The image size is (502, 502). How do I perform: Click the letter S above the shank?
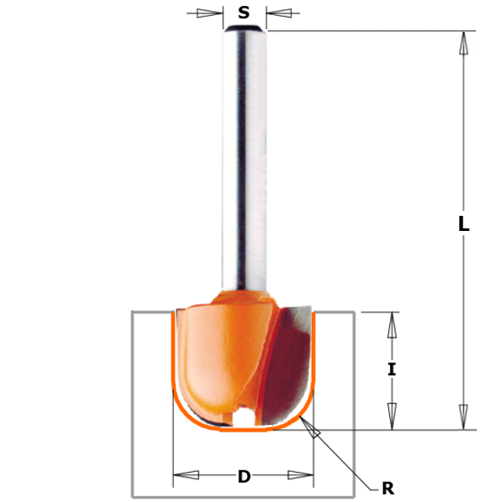click(243, 13)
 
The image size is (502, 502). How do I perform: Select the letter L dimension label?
click(464, 224)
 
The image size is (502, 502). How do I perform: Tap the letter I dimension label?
click(391, 368)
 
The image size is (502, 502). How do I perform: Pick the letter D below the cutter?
click(243, 477)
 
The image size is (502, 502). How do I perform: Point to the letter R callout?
click(387, 488)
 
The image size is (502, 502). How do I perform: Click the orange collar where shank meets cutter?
click(243, 296)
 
